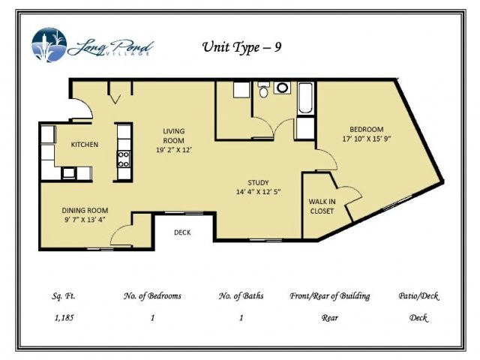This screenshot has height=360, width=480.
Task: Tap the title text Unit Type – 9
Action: [x=242, y=47]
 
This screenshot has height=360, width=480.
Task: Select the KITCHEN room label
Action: [x=84, y=144]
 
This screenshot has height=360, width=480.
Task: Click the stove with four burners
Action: [x=124, y=159]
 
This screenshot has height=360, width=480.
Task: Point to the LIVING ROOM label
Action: [x=174, y=136]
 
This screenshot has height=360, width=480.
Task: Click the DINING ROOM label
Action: [x=85, y=210]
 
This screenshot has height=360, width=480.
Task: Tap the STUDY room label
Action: [x=259, y=182]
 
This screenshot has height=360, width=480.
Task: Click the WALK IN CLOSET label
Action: [x=322, y=206]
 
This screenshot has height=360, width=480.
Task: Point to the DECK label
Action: [x=182, y=232]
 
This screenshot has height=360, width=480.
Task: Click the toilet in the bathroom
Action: [x=263, y=91]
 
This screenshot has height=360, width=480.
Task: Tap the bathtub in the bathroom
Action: [x=305, y=99]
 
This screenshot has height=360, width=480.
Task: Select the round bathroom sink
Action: [x=283, y=88]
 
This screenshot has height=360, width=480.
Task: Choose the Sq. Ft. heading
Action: [x=63, y=296]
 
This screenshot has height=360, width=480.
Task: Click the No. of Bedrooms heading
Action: [x=152, y=296]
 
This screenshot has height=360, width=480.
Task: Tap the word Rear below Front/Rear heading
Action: [x=329, y=317]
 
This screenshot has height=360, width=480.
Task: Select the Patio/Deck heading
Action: [x=418, y=296]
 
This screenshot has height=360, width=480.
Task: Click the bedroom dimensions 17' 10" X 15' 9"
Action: [x=367, y=139]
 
